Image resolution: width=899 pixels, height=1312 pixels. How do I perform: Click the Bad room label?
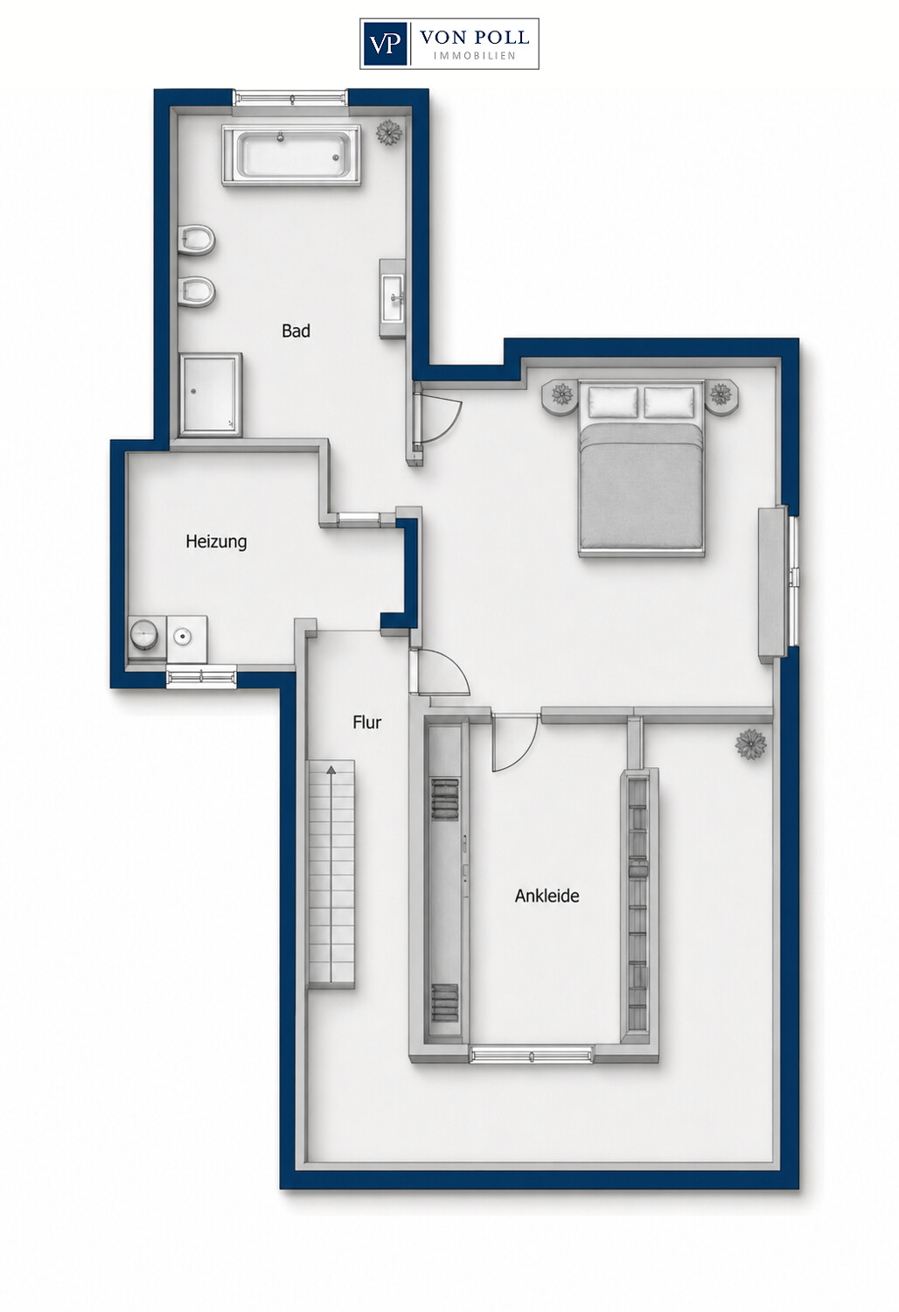point(296,331)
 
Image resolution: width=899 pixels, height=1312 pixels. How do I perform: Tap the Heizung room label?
point(216,541)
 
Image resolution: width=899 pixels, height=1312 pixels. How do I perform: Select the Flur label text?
point(367,722)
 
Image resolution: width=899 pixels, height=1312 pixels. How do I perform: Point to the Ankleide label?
point(547,896)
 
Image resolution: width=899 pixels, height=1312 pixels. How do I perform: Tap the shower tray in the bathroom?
point(210,394)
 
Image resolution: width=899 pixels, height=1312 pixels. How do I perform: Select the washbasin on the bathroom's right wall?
point(393,299)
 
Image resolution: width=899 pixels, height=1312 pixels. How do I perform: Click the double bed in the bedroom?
point(641,467)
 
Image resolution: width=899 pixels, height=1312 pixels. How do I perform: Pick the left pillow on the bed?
point(613,401)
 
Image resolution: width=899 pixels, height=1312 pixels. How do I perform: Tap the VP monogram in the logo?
point(384,44)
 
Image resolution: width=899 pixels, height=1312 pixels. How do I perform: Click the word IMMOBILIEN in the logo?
point(474,56)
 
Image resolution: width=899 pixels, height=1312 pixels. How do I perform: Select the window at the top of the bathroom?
point(290,97)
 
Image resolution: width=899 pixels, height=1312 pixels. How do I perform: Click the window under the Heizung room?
point(201,678)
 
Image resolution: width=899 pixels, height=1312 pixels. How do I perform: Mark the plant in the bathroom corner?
point(389,133)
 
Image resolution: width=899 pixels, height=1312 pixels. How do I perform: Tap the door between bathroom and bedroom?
point(436,415)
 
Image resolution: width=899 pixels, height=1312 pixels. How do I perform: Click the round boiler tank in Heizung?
point(143,634)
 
